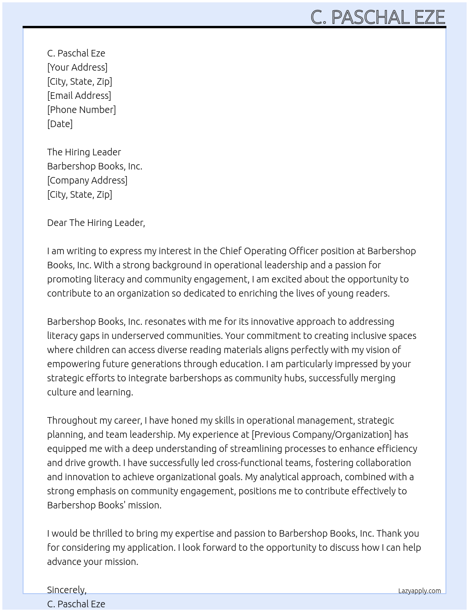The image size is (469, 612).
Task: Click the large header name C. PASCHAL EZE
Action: (378, 17)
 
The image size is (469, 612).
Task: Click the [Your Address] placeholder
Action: (77, 67)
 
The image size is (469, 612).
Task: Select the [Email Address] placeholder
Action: (79, 96)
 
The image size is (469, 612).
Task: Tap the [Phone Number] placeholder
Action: (81, 110)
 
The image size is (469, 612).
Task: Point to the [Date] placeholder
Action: (60, 124)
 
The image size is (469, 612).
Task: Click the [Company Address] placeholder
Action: (87, 180)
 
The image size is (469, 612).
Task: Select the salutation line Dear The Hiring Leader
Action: (96, 223)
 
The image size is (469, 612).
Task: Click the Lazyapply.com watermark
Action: (419, 591)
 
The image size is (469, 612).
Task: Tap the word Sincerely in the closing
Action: (66, 590)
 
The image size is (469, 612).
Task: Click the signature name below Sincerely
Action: (76, 604)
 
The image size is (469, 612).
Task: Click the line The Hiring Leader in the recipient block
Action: (84, 152)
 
